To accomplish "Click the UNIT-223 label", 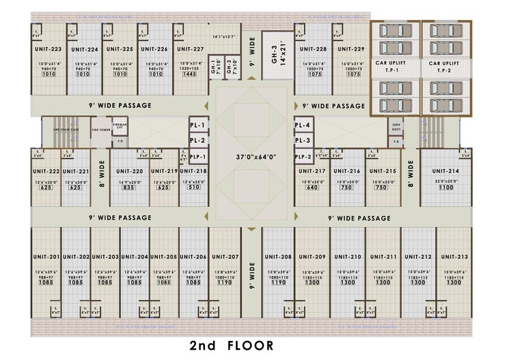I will point(48,49).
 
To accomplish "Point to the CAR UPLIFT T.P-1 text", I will point(394,66).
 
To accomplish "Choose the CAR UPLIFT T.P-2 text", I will point(444,66).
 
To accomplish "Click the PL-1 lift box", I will point(198,125).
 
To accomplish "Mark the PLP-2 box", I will point(303,156).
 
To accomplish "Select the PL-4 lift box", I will point(303,125).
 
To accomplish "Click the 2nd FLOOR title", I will point(232,345).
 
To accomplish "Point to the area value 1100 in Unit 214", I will point(445,187).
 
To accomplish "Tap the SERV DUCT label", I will point(396,127).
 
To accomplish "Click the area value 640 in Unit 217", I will point(312,187).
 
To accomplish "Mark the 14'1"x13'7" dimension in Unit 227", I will point(223,36).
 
